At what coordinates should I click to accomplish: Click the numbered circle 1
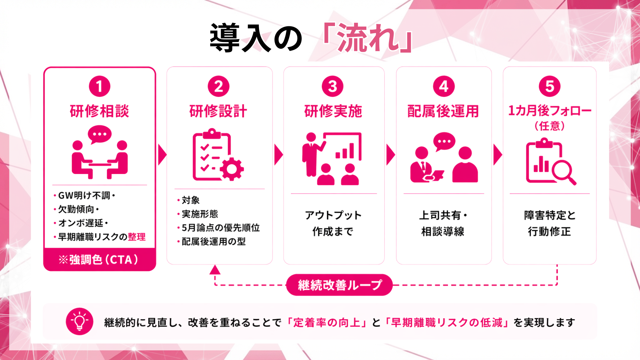(x=99, y=86)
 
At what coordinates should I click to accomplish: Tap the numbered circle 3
(x=332, y=86)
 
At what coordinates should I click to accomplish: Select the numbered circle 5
(x=549, y=86)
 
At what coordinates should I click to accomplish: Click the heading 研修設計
(x=218, y=111)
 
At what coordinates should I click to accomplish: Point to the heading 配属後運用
(x=443, y=111)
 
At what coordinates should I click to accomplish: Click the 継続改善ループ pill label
(x=339, y=285)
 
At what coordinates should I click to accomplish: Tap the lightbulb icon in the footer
(x=79, y=321)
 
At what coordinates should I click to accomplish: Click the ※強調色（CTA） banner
(x=99, y=260)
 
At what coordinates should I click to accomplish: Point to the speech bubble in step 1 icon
(x=99, y=134)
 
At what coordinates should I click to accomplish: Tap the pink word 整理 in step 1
(x=137, y=237)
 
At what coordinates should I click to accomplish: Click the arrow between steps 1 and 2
(x=162, y=155)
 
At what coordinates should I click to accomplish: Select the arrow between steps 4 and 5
(x=497, y=155)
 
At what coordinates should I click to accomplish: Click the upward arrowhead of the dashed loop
(x=215, y=270)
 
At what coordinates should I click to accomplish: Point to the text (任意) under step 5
(x=549, y=126)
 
